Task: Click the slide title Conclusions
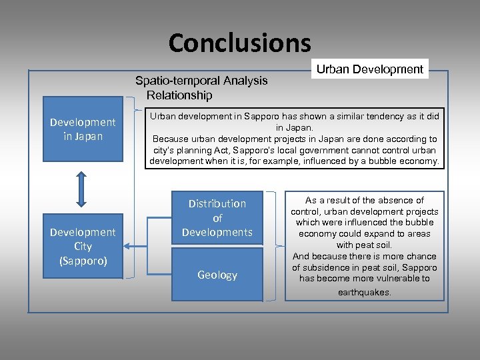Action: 239,43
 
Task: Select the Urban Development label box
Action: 369,69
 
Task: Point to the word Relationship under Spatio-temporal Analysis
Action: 179,95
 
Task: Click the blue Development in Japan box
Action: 83,129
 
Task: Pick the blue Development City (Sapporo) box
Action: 83,246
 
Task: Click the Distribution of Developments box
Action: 217,217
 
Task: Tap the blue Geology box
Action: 217,275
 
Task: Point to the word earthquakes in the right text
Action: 365,293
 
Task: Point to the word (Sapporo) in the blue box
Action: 83,261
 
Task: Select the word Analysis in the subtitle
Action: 243,81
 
